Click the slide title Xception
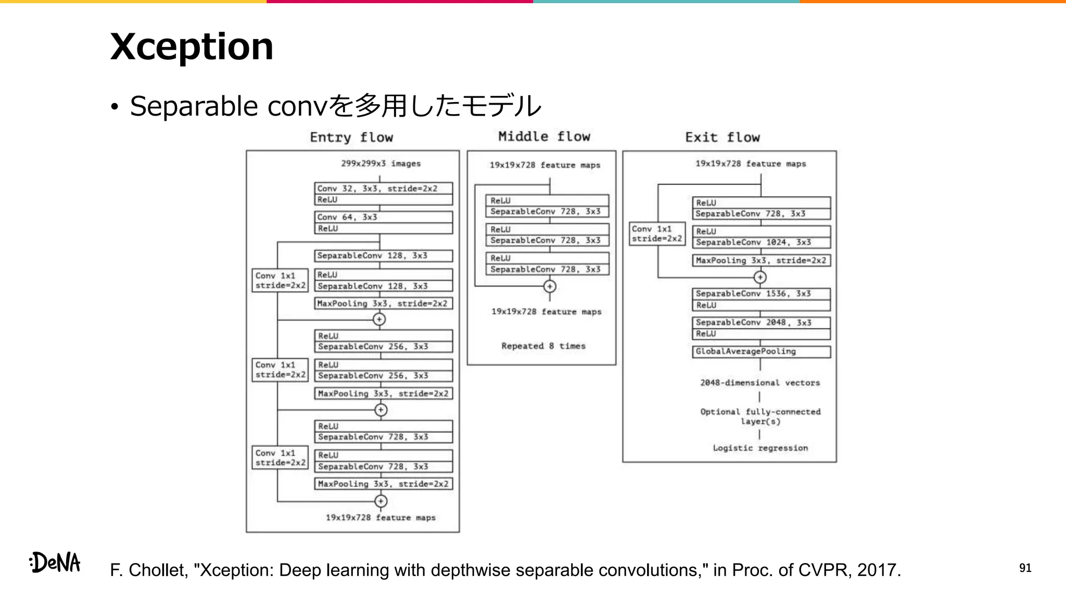192,46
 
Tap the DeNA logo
55,562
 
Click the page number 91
1025,568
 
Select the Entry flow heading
351,137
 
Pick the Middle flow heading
544,136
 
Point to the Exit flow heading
722,137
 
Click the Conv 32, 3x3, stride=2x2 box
383,189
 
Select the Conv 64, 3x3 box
383,217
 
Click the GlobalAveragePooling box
760,352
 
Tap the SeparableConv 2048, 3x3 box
760,322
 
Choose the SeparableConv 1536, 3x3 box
760,294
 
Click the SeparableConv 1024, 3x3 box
760,242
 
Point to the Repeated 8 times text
543,346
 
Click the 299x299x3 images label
381,164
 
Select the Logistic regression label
760,448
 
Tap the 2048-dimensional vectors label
760,383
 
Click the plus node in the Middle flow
550,286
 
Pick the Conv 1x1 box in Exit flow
657,234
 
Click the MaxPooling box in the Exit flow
760,260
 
